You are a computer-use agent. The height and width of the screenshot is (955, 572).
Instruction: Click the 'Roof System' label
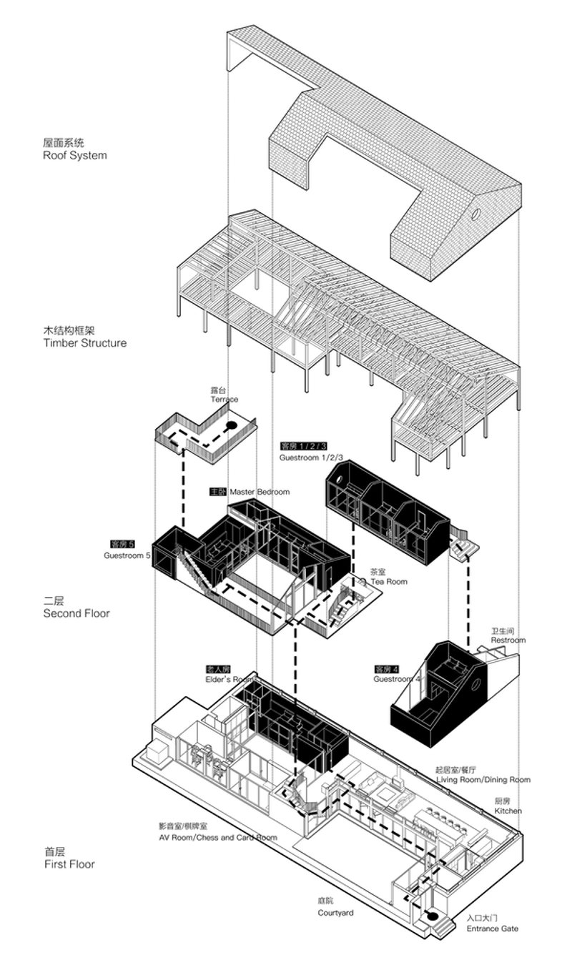pos(74,155)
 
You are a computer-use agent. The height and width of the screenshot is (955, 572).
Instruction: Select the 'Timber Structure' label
pos(84,342)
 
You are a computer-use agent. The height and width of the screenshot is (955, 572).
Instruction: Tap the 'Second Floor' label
pos(77,613)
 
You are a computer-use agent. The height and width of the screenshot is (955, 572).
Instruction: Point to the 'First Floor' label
pos(69,864)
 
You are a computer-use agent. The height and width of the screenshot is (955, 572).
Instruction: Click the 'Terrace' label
pos(224,400)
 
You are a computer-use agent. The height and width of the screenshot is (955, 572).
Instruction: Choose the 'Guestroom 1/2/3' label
pos(312,457)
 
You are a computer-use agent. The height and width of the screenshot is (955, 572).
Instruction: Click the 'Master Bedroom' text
pos(260,492)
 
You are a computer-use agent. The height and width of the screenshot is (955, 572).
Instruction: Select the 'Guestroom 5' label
pos(127,555)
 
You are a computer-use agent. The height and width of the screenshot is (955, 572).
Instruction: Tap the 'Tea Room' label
pos(388,581)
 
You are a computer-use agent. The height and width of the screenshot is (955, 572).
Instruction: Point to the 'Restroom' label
pos(508,640)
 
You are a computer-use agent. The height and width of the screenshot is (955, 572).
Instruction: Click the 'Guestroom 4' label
pos(397,679)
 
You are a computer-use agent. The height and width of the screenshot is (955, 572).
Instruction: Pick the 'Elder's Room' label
pos(230,679)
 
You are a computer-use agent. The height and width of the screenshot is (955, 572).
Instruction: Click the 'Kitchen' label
pos(508,811)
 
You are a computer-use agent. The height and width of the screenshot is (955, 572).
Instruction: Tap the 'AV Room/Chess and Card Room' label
pos(218,837)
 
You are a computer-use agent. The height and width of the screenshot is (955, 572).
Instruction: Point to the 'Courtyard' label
pos(335,913)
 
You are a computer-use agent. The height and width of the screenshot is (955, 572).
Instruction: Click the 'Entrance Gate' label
pos(493,929)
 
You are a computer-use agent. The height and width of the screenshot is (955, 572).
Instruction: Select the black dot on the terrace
pos(231,426)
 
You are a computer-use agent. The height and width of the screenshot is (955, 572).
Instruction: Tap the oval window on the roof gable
pos(476,214)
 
